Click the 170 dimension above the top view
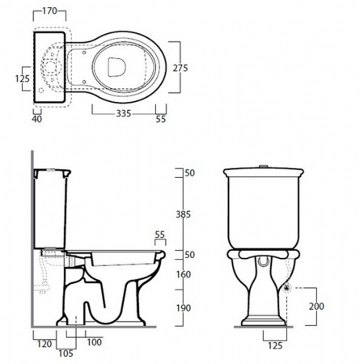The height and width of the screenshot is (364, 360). tap(50, 11)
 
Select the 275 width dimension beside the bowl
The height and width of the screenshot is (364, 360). tap(180, 68)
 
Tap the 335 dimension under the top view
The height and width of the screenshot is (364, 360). tap(124, 113)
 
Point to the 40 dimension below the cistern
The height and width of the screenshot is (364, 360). tap(37, 119)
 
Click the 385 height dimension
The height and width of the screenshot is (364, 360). tap(184, 214)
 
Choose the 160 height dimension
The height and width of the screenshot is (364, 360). tap(184, 274)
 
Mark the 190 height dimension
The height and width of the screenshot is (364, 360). tap(184, 308)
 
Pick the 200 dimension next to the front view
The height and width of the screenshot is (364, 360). tap(316, 307)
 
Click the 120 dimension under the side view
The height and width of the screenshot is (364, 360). tap(44, 344)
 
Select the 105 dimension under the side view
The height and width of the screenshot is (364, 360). tap(66, 353)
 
